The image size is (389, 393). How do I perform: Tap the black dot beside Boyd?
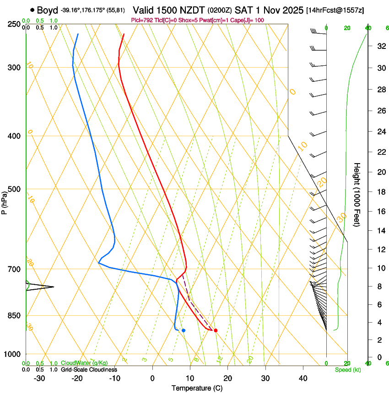click(32, 10)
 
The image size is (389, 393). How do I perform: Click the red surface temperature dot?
click(216, 330)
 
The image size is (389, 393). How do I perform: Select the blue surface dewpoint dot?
click(184, 330)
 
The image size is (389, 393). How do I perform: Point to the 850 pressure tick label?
click(15, 316)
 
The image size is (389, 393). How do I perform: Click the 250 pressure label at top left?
click(15, 24)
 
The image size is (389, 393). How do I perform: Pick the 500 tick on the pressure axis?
click(15, 189)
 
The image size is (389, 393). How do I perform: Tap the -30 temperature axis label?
click(39, 378)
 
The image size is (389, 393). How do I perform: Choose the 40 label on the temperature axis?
click(303, 378)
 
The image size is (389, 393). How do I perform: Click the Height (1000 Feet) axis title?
click(357, 194)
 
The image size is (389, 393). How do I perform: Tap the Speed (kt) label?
click(347, 370)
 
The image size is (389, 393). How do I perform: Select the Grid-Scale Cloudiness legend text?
click(89, 370)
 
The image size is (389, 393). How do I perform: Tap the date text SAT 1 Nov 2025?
click(269, 10)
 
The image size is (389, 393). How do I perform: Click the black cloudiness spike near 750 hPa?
click(43, 287)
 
